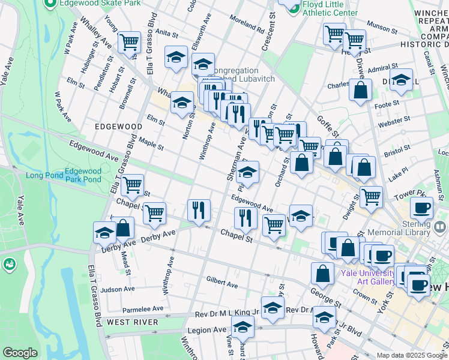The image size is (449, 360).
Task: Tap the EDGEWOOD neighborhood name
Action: pos(118,127)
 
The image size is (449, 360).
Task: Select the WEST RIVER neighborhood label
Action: pos(133,322)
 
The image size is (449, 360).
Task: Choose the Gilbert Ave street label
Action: pos(222,281)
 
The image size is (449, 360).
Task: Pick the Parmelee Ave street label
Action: pos(143,309)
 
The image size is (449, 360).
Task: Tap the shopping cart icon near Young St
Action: pos(129,43)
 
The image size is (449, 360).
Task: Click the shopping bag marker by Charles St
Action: pos(361,91)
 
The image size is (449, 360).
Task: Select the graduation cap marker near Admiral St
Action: pos(400,80)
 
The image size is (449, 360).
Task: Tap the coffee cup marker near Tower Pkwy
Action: pos(421,208)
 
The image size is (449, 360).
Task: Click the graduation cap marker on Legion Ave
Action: pos(243,328)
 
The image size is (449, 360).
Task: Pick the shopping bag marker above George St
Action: pos(322,273)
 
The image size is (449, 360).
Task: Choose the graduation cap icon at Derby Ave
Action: pos(105,232)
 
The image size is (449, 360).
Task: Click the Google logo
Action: pos(20,353)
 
